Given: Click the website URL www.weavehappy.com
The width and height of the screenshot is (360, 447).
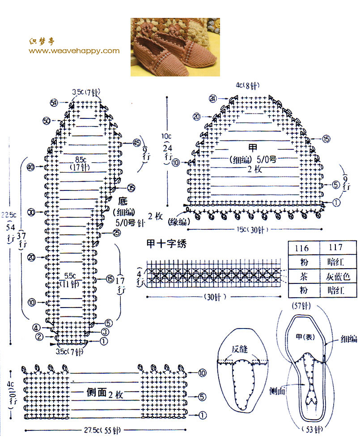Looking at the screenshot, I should coord(74,51).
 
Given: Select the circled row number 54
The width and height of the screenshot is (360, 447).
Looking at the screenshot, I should coord(55,103).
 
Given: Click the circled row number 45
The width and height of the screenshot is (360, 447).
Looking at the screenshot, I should coord(137,143).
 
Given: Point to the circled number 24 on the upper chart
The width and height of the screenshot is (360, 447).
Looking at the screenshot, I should coord(212,98).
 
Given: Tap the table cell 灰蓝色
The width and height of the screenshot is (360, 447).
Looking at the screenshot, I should coord(338,277).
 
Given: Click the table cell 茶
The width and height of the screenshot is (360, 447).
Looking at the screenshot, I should coord(304,277).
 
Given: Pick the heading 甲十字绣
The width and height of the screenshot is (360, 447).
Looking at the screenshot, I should coord(166,245).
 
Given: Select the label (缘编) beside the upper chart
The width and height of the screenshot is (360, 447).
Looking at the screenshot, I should coord(178,221).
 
